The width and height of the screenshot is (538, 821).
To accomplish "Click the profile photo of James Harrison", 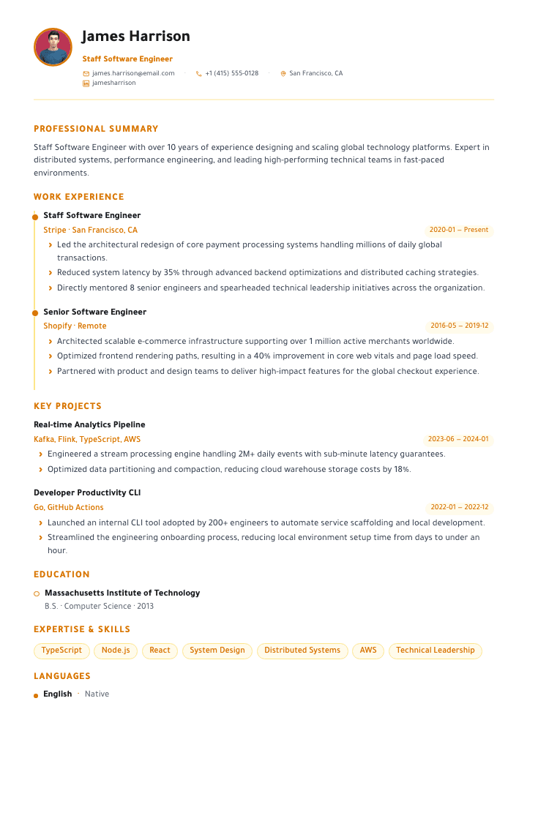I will click(53, 47).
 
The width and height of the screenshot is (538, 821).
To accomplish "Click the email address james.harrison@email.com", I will click(133, 73).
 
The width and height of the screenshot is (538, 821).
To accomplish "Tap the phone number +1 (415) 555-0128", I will click(231, 73).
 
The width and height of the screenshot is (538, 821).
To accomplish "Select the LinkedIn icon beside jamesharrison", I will click(86, 83).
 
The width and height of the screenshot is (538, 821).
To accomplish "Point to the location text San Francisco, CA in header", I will click(315, 73).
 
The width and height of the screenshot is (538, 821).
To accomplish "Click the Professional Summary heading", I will click(96, 129).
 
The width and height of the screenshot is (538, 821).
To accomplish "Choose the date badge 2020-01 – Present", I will click(459, 230).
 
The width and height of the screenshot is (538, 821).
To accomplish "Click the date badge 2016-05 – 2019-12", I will click(459, 326).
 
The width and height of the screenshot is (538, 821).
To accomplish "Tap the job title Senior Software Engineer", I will click(94, 312).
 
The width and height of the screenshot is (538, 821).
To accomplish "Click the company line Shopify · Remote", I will click(75, 326).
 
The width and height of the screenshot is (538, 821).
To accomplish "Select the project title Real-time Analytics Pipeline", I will click(89, 424).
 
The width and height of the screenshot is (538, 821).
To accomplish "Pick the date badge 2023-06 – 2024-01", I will click(458, 439).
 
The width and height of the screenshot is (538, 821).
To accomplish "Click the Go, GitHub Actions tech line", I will click(69, 507).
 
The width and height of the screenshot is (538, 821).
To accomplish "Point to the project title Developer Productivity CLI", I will click(87, 492).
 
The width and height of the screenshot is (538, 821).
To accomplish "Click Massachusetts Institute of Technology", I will click(122, 593).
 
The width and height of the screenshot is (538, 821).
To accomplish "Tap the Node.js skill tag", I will click(116, 650).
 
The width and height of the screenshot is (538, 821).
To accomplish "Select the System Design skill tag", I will click(217, 650).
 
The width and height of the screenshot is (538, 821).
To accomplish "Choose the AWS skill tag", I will click(368, 650).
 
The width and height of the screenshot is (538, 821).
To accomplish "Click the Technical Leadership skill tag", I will click(435, 650).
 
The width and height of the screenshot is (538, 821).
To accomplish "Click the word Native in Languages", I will click(97, 694).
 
